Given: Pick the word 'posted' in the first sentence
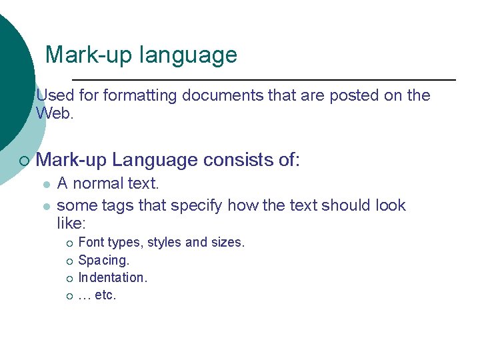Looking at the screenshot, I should coord(353,95).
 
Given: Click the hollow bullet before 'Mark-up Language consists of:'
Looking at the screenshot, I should coord(24,161).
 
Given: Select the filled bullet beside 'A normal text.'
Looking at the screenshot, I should coord(45,184).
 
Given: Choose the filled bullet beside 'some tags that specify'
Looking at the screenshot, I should coord(45,206).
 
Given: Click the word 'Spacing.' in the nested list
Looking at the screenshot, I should coord(104,260).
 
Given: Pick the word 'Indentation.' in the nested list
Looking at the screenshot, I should coord(113,277).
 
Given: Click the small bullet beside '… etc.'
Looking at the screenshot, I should coord(68,295).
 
